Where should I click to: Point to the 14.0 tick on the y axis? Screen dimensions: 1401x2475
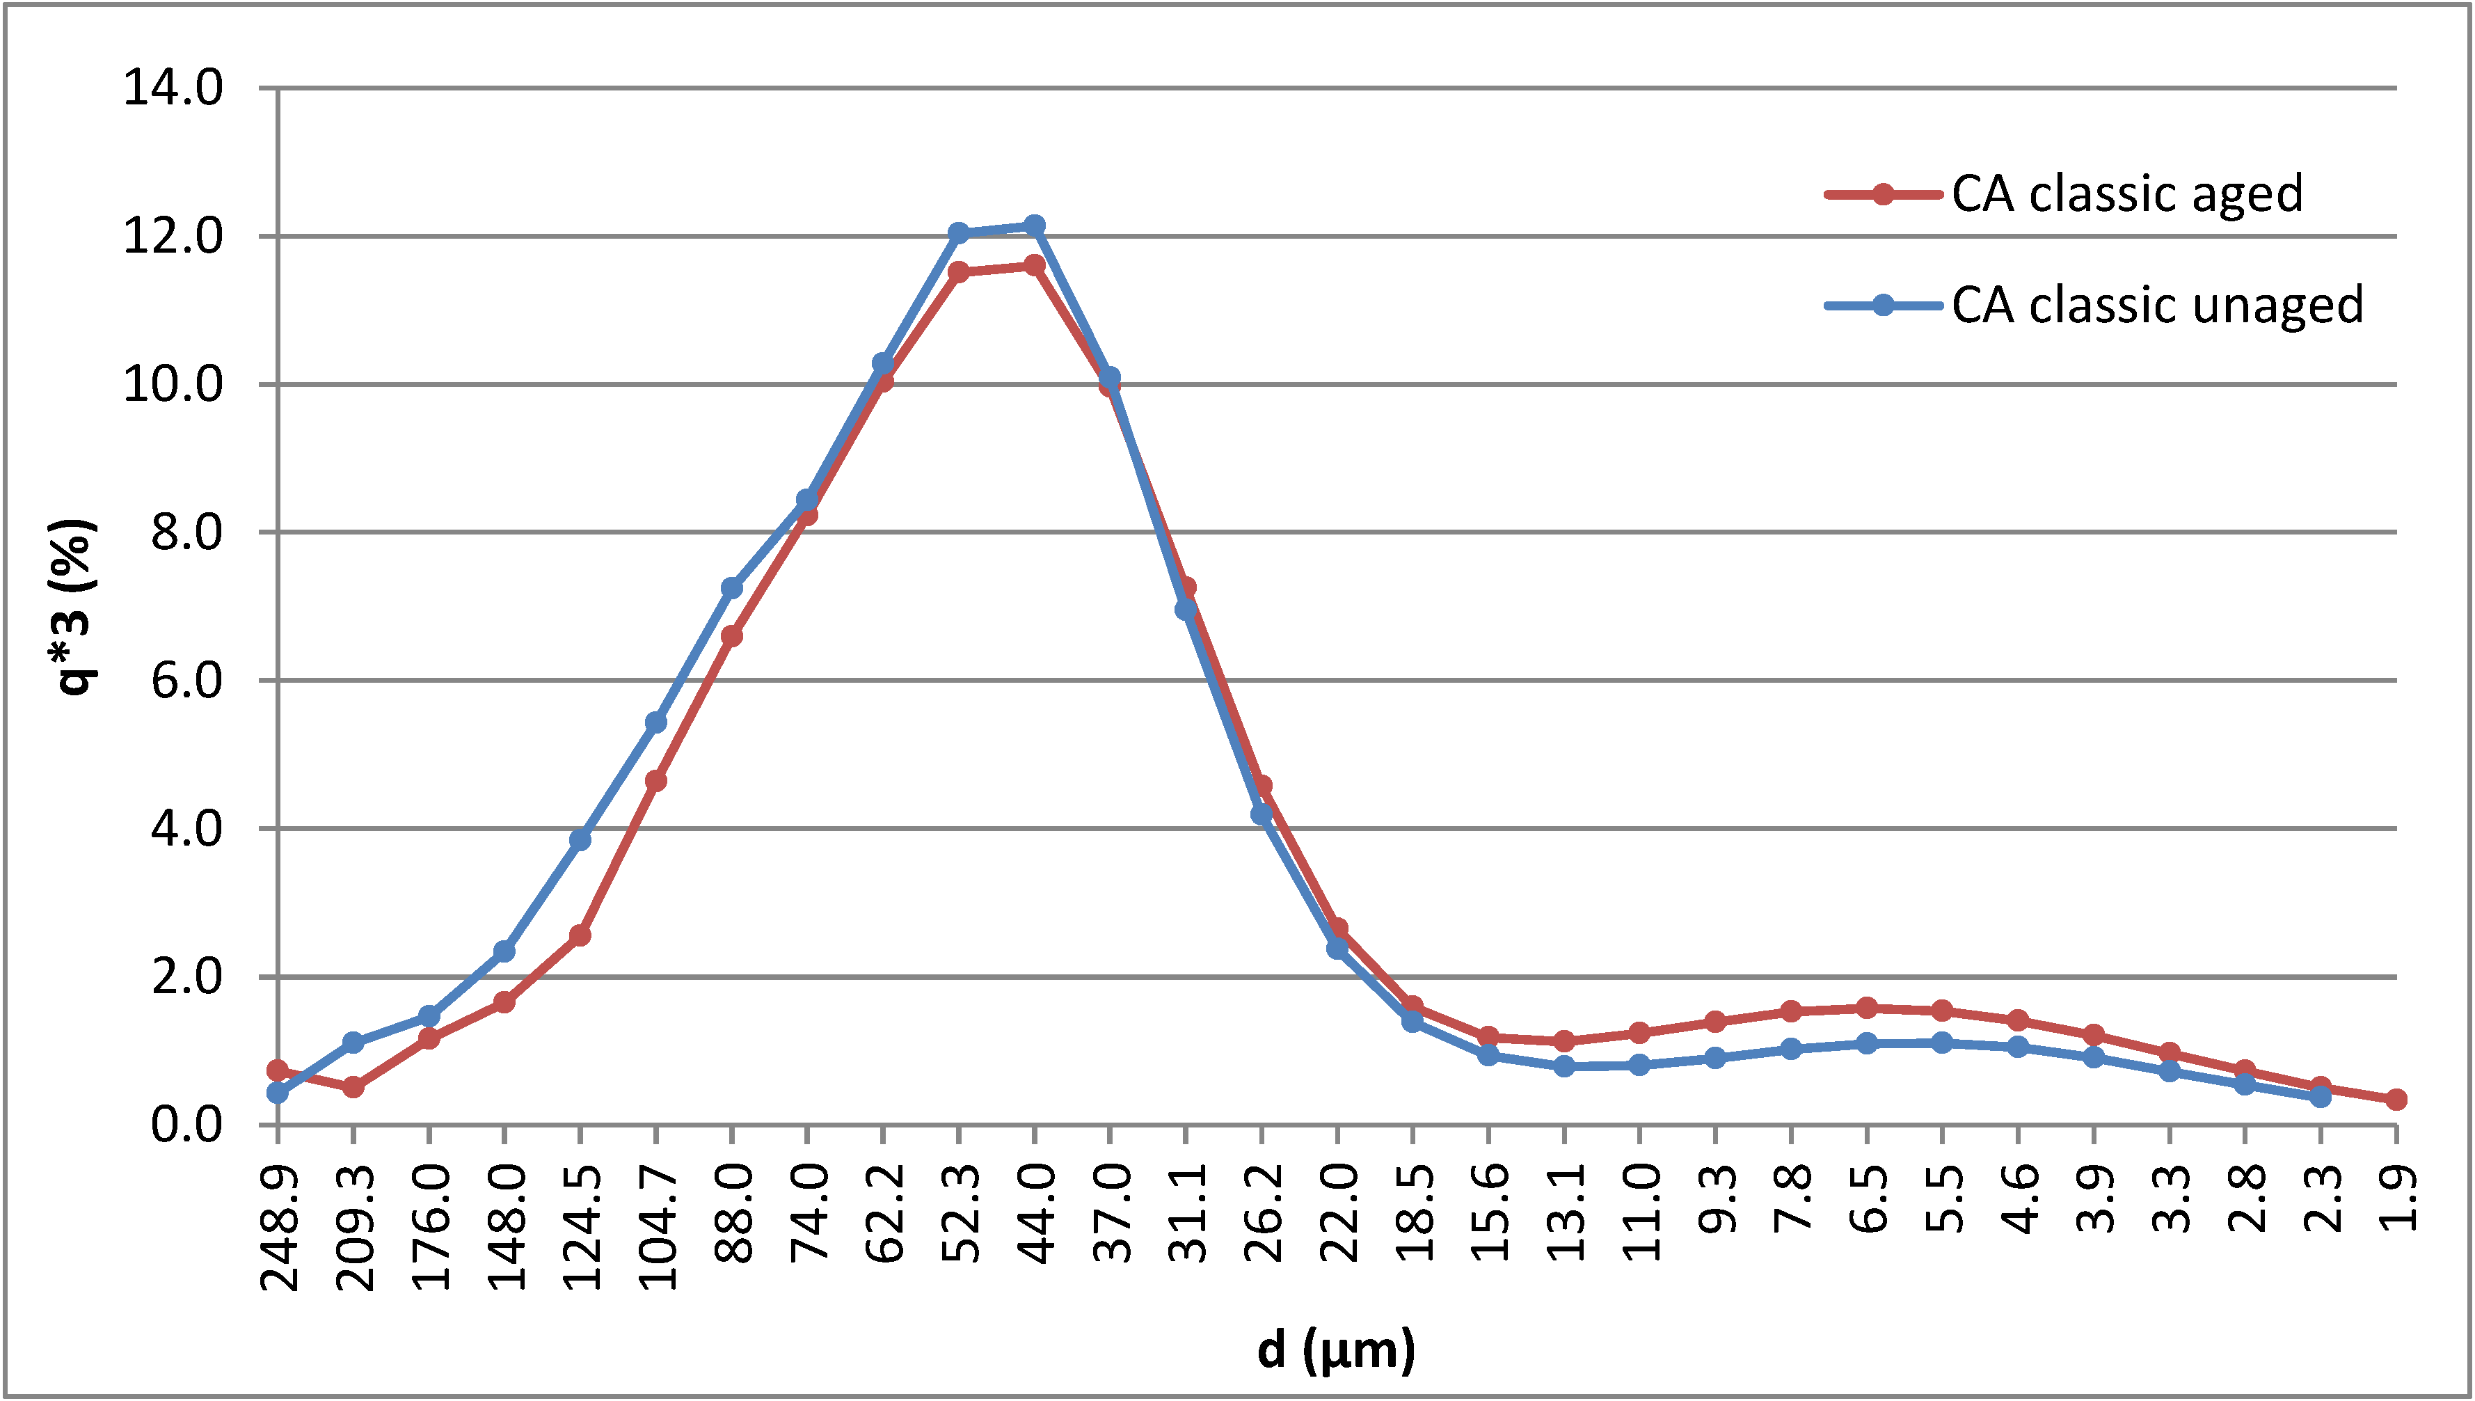click(x=173, y=88)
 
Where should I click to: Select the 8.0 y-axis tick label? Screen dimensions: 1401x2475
click(x=186, y=533)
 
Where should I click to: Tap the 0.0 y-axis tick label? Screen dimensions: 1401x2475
click(x=186, y=1125)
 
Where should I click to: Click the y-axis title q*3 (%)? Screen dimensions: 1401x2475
click(x=73, y=606)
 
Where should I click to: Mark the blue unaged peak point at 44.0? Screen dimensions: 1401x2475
click(x=1034, y=226)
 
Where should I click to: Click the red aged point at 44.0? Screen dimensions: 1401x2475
click(x=1034, y=264)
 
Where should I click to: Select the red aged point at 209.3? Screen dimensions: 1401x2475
click(x=353, y=1087)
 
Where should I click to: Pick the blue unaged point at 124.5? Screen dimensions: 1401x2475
click(x=580, y=840)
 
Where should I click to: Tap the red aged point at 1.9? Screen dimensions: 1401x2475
click(x=2396, y=1100)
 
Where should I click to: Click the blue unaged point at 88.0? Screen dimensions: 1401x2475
click(x=731, y=588)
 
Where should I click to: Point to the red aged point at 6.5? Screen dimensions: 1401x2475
click(x=1866, y=1008)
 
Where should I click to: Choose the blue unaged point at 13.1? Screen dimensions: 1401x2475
click(x=1564, y=1066)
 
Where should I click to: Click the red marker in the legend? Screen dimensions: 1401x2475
click(x=1882, y=194)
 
